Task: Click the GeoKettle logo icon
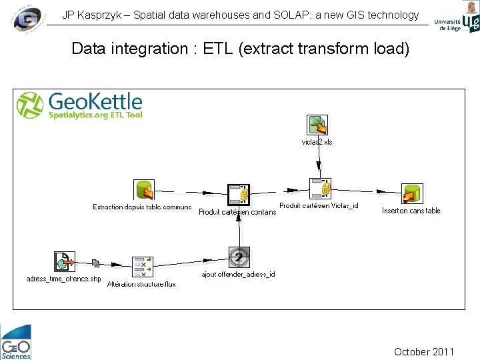click(29, 105)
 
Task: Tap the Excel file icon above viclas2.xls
click(317, 125)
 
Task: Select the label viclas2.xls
click(317, 142)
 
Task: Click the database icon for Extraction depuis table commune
click(143, 190)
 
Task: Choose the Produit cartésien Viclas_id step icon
click(321, 189)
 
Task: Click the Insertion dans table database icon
click(412, 194)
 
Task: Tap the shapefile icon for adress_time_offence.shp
click(64, 262)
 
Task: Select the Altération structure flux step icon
click(143, 267)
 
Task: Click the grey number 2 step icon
click(239, 257)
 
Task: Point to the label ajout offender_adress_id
click(238, 274)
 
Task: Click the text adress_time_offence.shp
click(63, 279)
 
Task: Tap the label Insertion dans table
click(411, 211)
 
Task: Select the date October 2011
click(424, 351)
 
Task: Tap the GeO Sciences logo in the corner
click(16, 341)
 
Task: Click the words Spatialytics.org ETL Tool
click(96, 115)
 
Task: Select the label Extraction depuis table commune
click(142, 207)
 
